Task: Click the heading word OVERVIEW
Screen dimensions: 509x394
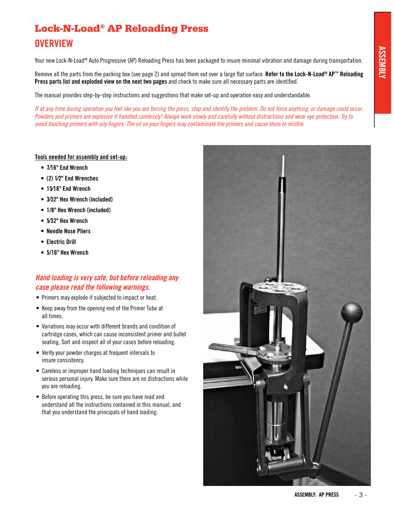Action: point(54,44)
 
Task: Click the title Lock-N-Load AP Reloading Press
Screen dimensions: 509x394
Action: point(121,28)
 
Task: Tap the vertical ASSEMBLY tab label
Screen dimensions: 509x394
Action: point(382,62)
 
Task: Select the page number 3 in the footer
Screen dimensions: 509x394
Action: point(361,495)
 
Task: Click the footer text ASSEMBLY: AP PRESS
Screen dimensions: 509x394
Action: point(316,495)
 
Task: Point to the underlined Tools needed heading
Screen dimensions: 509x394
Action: point(81,157)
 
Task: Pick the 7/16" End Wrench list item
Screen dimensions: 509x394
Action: point(67,168)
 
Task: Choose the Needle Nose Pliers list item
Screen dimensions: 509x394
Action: point(68,231)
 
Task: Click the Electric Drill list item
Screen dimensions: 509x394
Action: point(61,242)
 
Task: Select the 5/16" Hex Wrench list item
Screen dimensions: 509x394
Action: point(67,253)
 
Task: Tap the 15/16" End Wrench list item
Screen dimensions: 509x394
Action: point(68,189)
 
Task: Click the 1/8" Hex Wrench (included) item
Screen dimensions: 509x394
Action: point(78,210)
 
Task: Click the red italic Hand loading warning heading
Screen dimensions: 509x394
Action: point(107,282)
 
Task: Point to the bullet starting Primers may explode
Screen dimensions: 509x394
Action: point(99,298)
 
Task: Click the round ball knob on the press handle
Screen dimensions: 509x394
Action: point(351,312)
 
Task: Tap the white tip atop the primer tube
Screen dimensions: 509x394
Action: point(283,167)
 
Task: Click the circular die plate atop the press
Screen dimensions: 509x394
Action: point(279,288)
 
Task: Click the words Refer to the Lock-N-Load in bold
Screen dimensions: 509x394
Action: point(294,74)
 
